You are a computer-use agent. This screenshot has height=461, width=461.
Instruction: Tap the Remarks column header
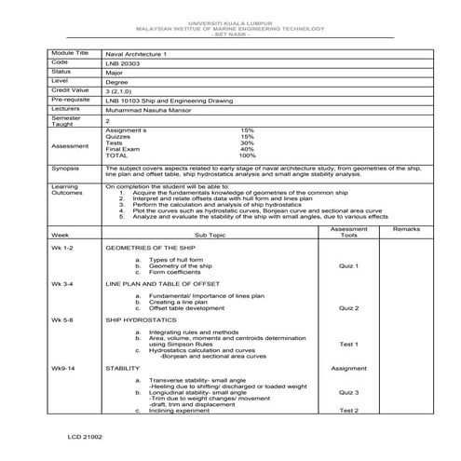pyautogui.click(x=406, y=228)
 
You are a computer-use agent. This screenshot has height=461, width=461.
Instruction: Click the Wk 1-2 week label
pyautogui.click(x=62, y=250)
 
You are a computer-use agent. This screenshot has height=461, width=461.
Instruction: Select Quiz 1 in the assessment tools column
pyautogui.click(x=349, y=265)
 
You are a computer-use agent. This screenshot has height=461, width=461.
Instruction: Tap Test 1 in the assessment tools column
pyautogui.click(x=349, y=344)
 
